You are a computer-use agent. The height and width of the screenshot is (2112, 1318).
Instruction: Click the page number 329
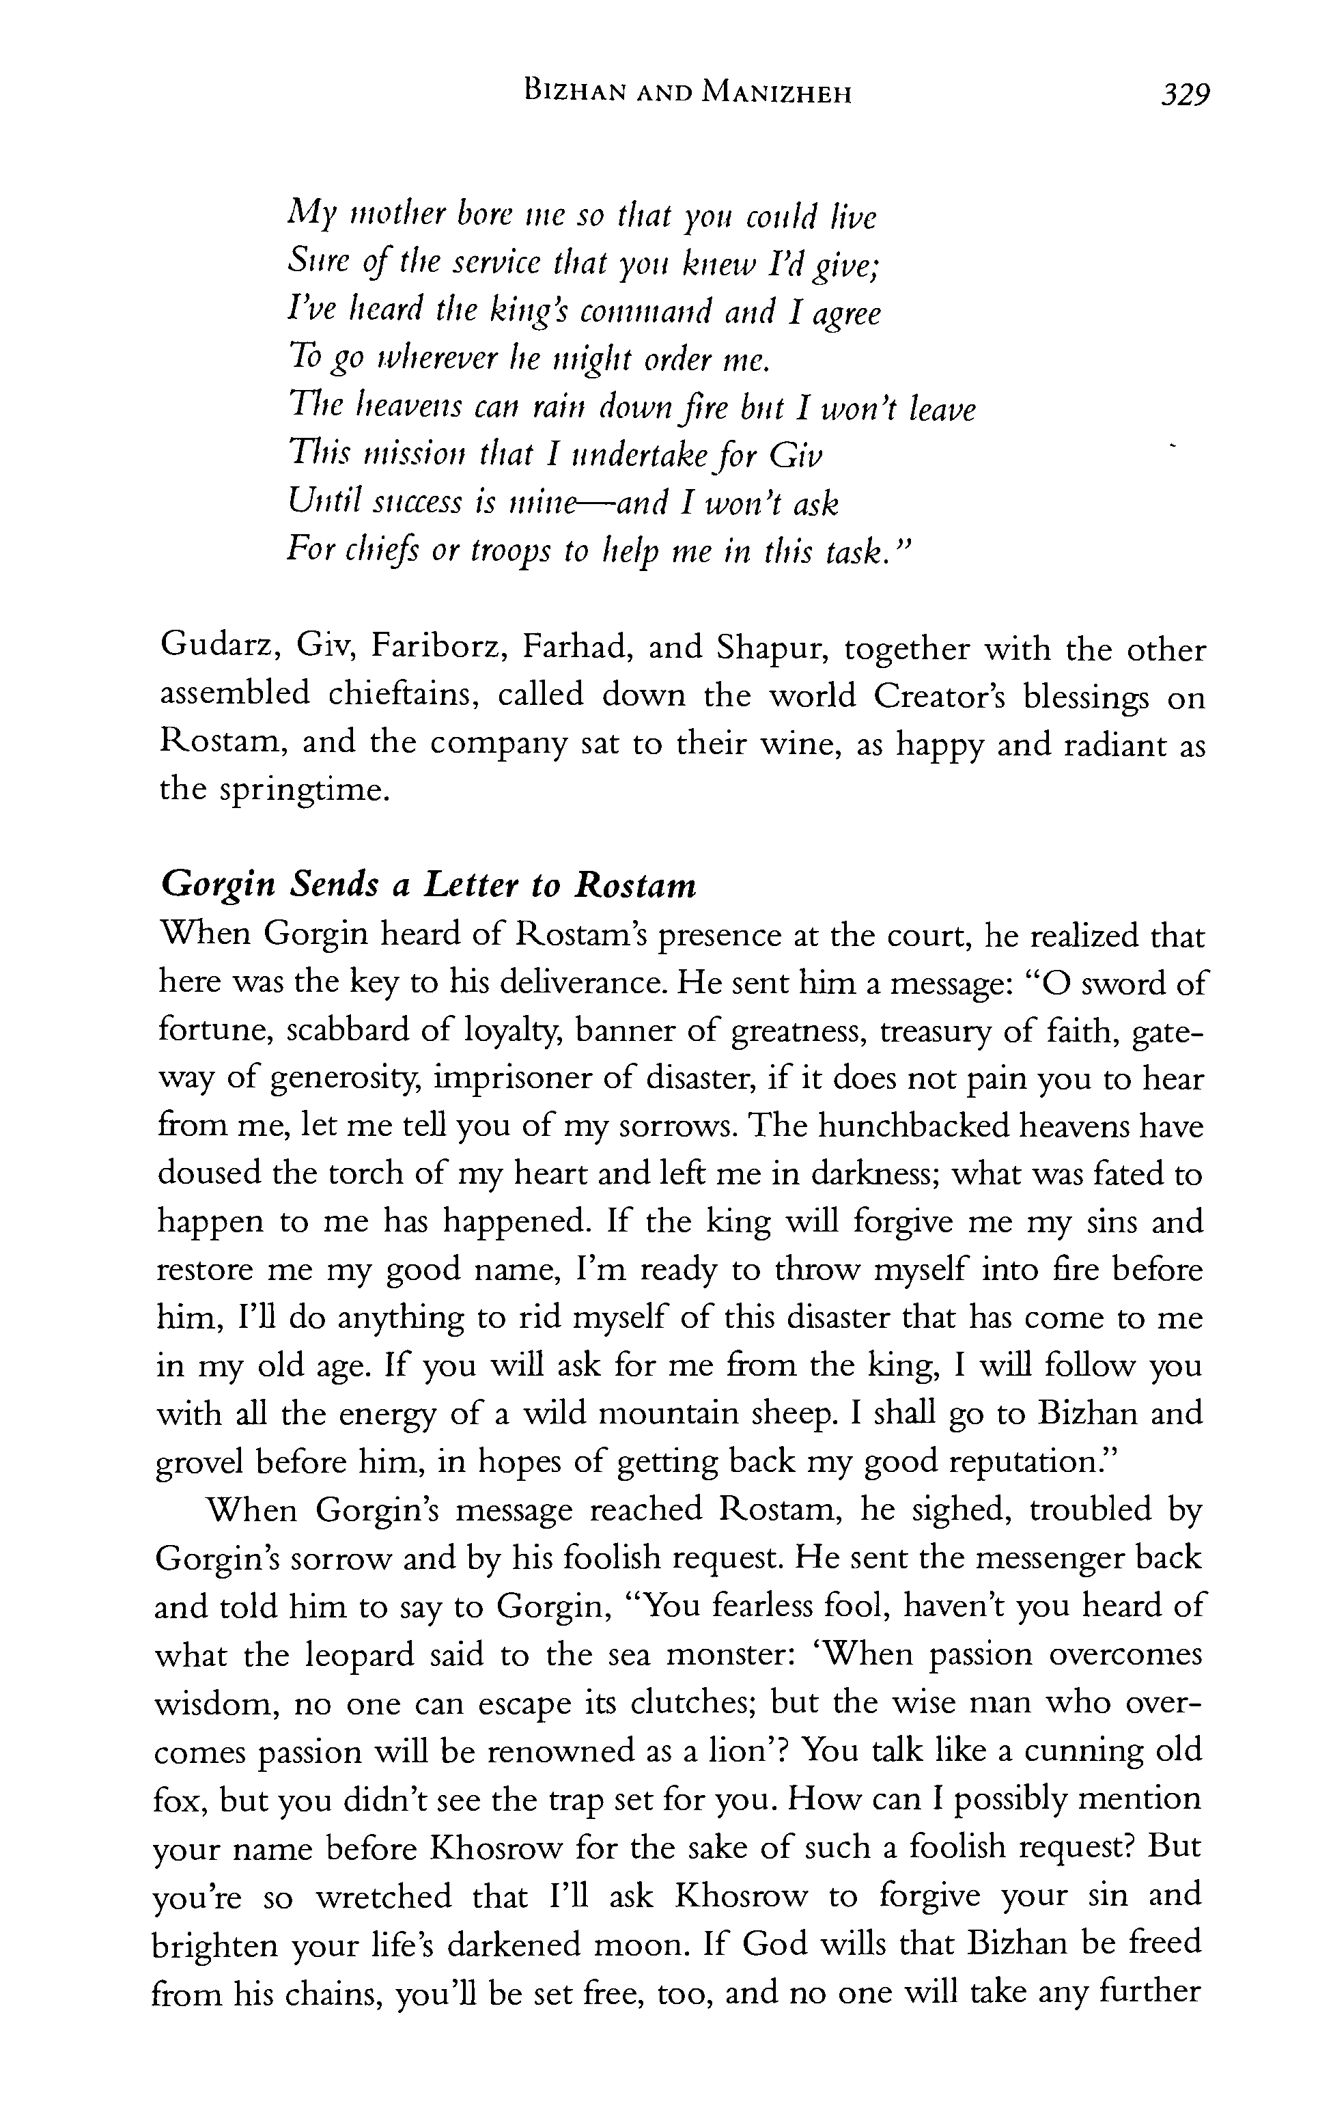pyautogui.click(x=1186, y=94)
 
